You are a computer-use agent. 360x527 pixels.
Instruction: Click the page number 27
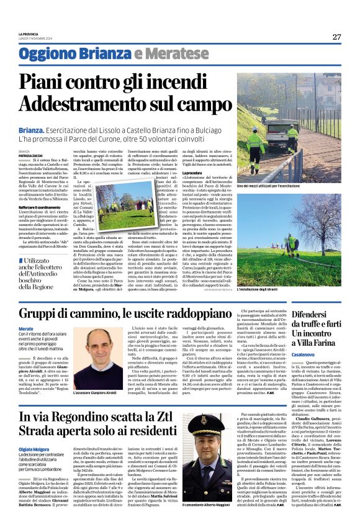click(x=336, y=37)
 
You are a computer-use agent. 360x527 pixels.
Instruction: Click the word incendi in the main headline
click(x=192, y=82)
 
